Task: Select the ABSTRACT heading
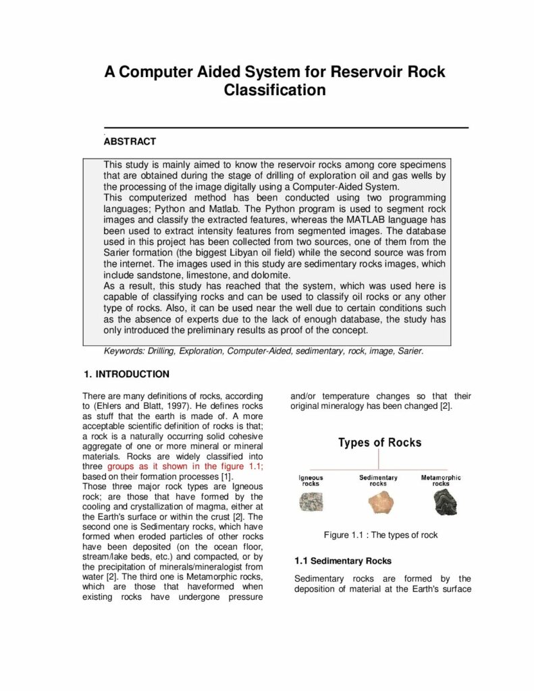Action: tap(130, 142)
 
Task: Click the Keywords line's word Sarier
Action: tap(408, 351)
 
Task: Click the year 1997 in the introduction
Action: tap(202, 406)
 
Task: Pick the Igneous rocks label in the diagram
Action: tap(311, 480)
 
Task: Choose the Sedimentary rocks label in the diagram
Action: tap(378, 480)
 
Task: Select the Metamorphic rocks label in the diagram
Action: tap(441, 480)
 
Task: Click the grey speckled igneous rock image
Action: tap(311, 502)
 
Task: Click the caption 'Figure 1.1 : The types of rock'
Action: tap(380, 535)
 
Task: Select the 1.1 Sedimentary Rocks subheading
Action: tap(343, 561)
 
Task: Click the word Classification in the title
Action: tap(275, 90)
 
